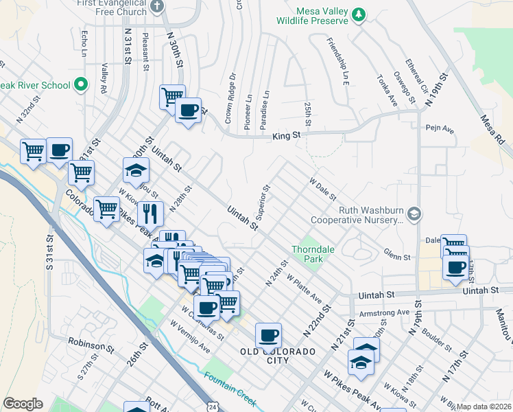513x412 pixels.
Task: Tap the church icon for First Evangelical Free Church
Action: click(157, 6)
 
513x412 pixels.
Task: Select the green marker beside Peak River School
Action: click(81, 85)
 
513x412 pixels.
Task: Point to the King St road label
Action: click(287, 136)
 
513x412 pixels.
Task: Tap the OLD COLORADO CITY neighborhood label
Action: click(278, 356)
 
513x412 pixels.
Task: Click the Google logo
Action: click(23, 404)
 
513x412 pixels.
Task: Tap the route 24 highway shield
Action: click(213, 407)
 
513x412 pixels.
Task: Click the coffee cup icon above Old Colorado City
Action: click(268, 335)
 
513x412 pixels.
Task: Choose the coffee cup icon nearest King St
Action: click(188, 110)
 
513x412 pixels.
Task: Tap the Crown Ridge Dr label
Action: click(230, 98)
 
